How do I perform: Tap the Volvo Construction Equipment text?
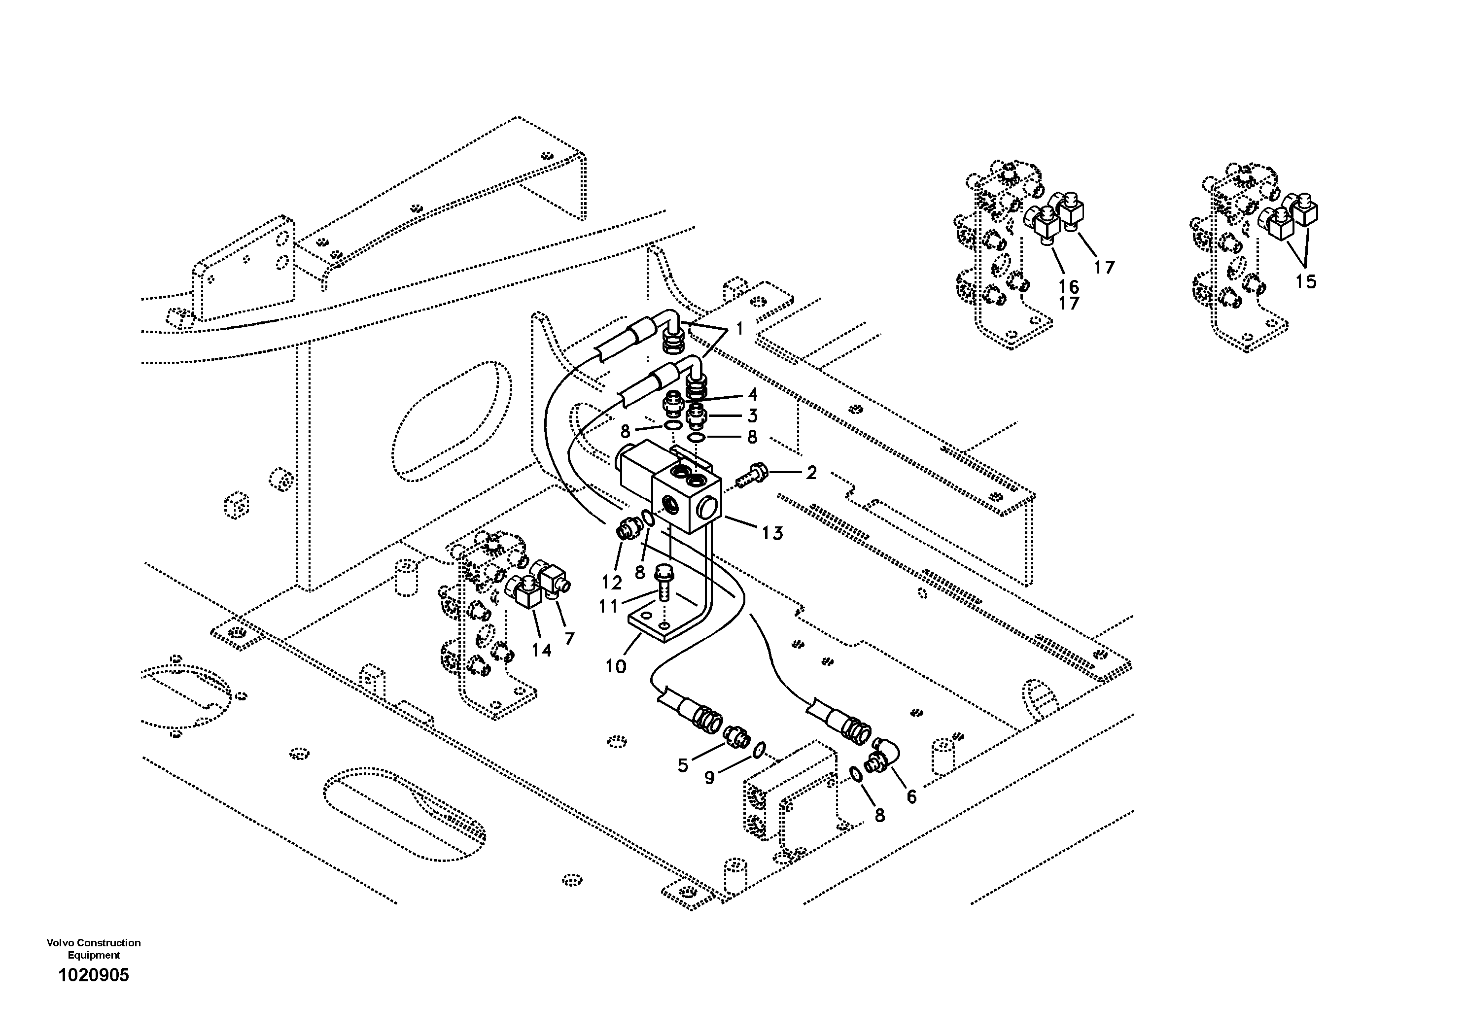93,948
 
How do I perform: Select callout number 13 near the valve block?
772,533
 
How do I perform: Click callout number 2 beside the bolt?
811,473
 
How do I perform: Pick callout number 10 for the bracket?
616,667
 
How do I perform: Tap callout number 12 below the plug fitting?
611,582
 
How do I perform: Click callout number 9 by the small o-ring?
709,777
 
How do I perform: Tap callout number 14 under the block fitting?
541,650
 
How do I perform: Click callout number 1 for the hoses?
739,329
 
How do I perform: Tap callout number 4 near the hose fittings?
752,394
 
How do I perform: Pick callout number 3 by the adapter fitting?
752,416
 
